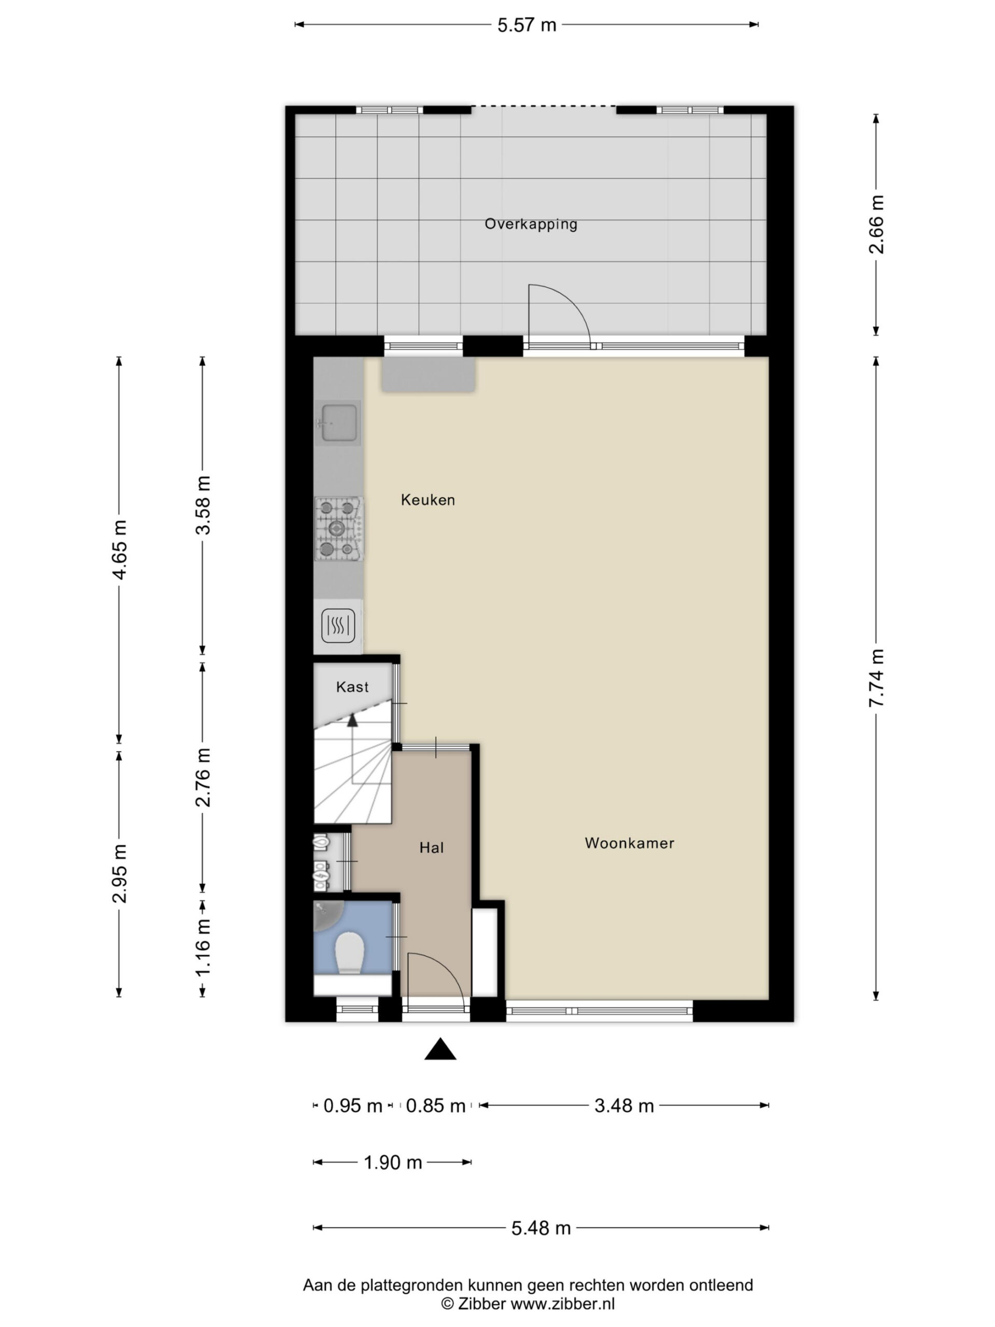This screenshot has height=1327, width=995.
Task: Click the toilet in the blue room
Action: pos(350,954)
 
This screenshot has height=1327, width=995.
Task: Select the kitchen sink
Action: pos(338,422)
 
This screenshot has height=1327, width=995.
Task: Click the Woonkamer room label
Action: pos(629,843)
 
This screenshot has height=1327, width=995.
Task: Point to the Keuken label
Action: pos(428,500)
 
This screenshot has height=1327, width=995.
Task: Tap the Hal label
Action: pos(431,848)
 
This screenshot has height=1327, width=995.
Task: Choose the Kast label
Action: pos(352,687)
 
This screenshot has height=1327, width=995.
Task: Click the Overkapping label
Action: pos(531,224)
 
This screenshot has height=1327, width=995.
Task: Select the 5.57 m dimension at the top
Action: pos(527,25)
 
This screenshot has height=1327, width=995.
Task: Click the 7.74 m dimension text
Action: pos(876,678)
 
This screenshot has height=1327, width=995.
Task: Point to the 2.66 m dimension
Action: pos(876,224)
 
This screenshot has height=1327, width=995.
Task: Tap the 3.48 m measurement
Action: pos(624,1106)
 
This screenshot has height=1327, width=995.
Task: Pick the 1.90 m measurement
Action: pos(393,1163)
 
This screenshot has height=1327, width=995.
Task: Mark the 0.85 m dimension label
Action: pos(435,1106)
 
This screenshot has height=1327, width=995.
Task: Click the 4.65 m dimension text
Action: pos(119,550)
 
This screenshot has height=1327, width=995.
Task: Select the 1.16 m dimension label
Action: pos(203,947)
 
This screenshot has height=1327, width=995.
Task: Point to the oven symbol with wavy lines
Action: pos(338,626)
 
